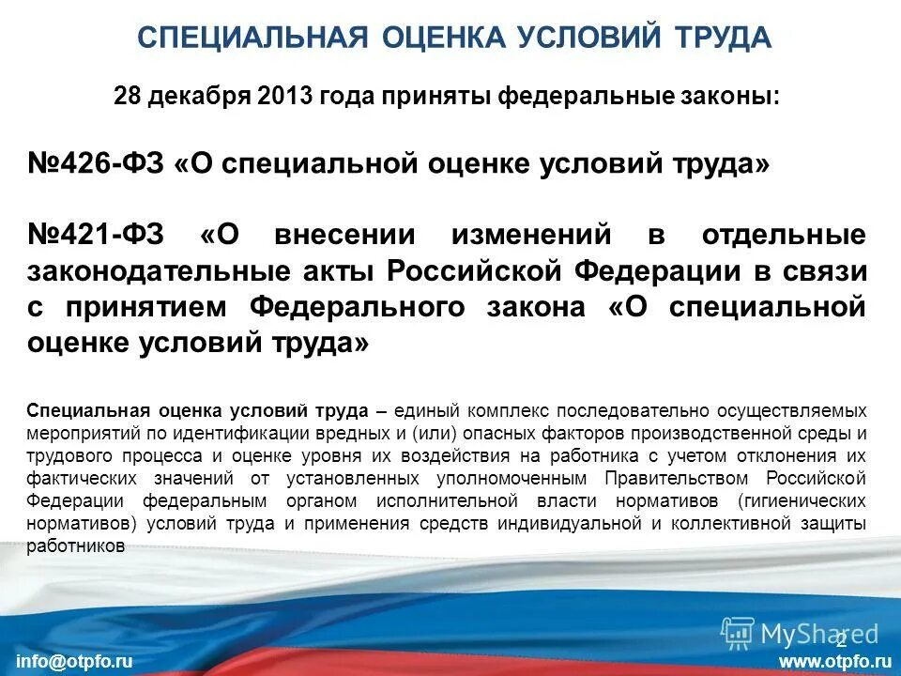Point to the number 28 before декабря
(126, 96)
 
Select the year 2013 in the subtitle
(284, 96)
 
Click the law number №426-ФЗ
(96, 163)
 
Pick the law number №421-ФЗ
(96, 235)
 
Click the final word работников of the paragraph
(76, 545)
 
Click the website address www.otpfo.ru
(834, 661)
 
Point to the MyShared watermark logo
(799, 633)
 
